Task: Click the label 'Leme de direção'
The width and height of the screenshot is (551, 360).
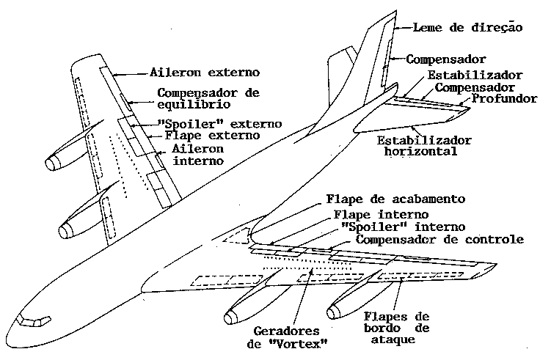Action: pos(467,28)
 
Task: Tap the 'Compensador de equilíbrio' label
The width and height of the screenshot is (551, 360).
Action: pos(209,98)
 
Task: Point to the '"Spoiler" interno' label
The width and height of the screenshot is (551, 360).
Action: pos(393,227)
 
